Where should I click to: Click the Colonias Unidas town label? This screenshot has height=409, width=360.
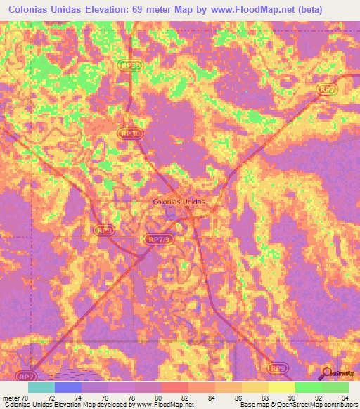coord(179,202)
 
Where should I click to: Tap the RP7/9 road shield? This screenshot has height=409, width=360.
coord(159,239)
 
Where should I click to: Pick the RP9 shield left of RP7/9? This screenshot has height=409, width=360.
coord(104,229)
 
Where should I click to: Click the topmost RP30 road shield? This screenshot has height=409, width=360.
coord(129,65)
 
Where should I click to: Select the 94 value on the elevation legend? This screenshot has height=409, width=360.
coord(344,397)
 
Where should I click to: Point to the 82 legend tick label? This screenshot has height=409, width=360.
coord(184,397)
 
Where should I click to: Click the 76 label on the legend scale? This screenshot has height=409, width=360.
coord(103,397)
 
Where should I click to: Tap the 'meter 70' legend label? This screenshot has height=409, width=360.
coord(15,397)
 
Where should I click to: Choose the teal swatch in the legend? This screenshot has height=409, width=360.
coord(41,387)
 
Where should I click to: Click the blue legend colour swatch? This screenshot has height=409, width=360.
coord(67,387)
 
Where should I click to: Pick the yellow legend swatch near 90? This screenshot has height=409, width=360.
coord(281,387)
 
